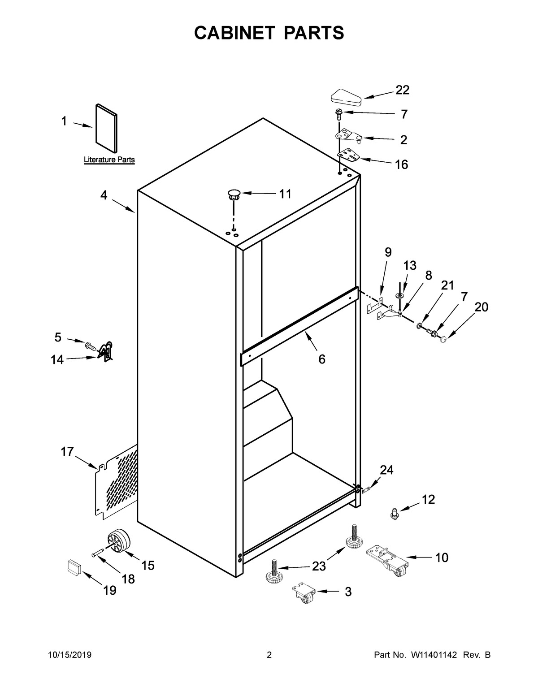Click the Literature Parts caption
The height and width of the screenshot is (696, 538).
[109, 160]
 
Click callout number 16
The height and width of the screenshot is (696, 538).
[401, 164]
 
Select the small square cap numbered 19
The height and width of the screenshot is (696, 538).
[73, 566]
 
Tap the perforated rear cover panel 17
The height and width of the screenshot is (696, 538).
[117, 482]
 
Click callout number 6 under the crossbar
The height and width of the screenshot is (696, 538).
[321, 359]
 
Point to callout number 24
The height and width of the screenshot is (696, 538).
[386, 470]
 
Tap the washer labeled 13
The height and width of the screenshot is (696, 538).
[399, 296]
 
